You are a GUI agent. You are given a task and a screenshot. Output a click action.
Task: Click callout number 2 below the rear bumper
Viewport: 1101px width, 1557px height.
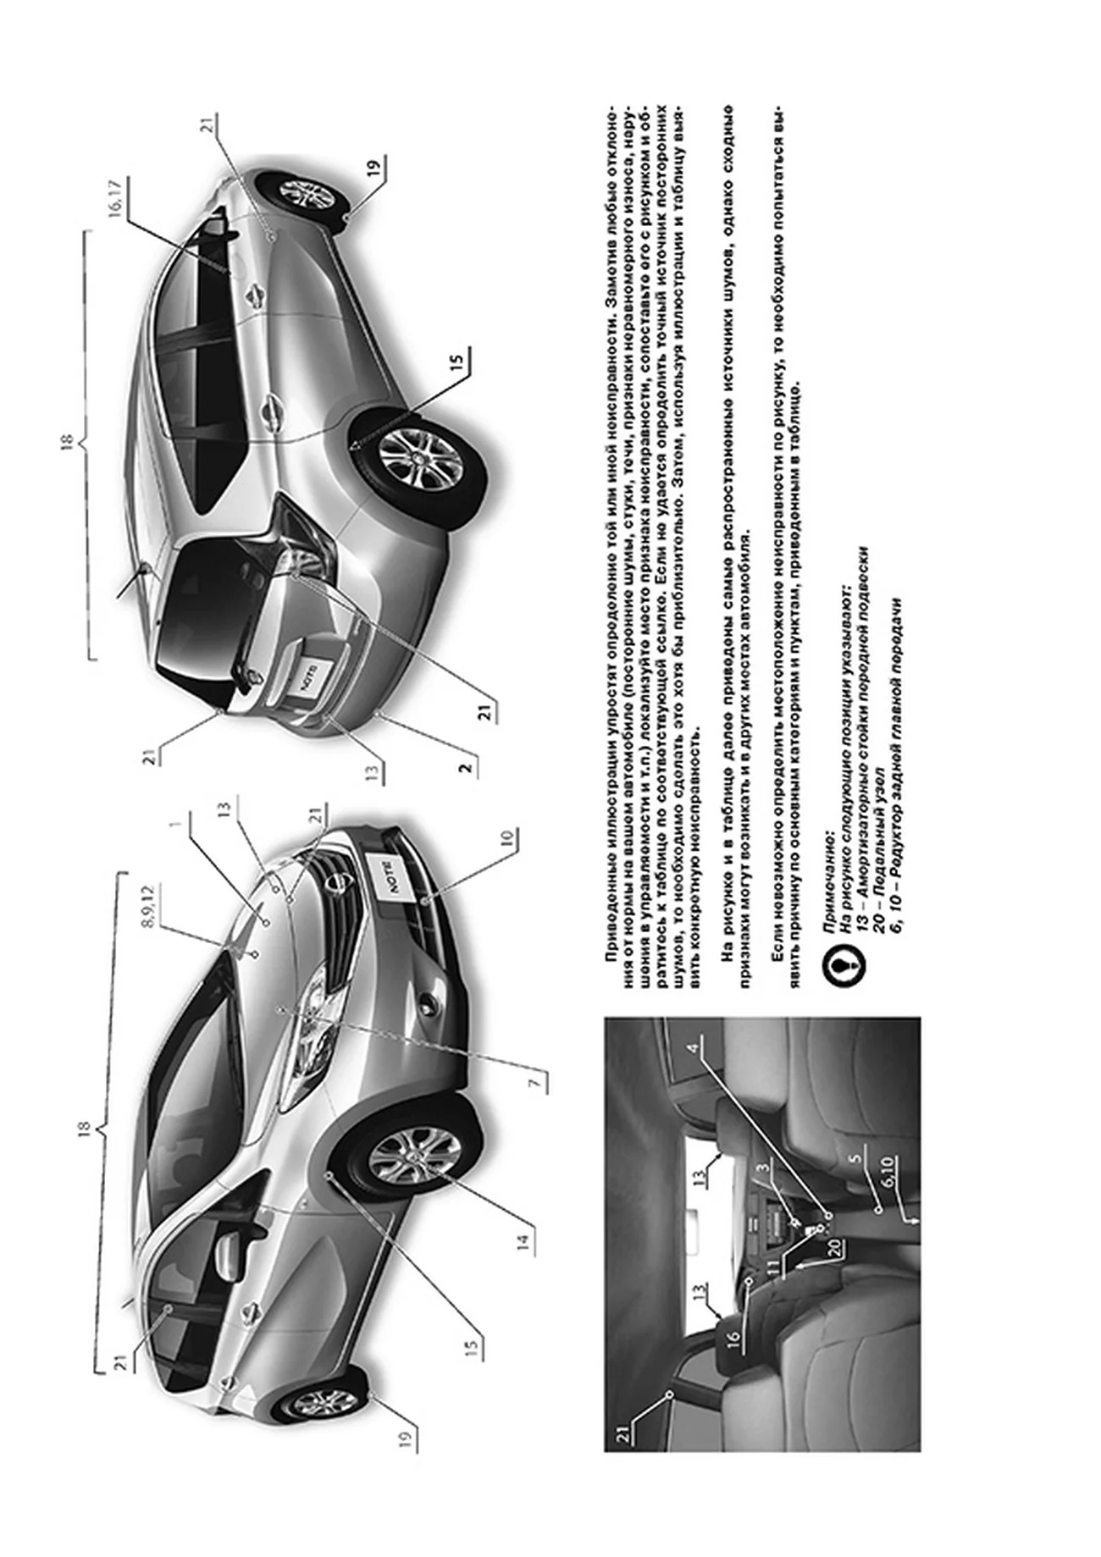(x=465, y=768)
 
